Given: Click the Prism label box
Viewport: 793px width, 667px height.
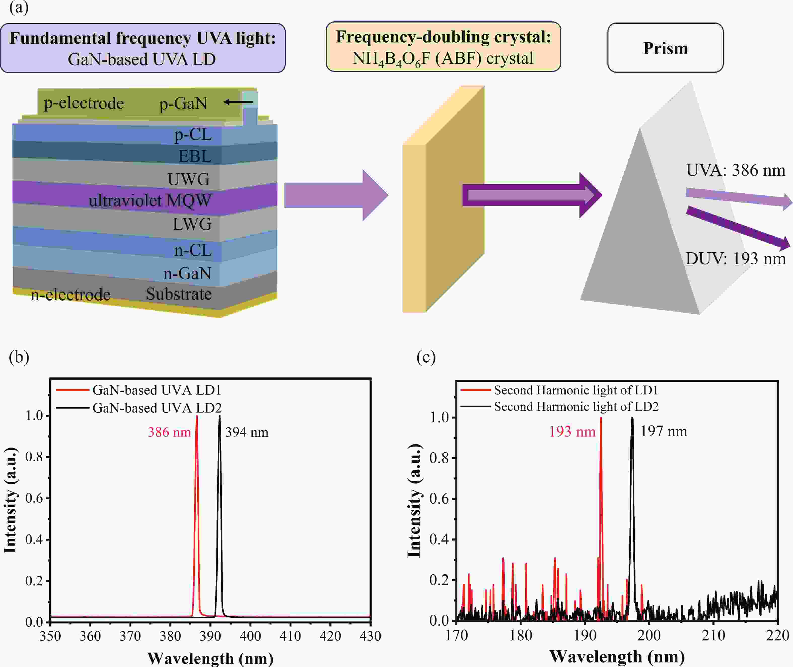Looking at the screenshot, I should coord(665,48).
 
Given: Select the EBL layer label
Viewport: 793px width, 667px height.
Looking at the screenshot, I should coord(195,156).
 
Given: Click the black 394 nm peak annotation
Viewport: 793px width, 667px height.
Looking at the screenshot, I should coord(247,432).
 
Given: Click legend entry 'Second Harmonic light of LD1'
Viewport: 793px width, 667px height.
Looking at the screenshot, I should coord(576,390).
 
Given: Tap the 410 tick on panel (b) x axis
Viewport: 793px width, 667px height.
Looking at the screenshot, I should coord(290,636).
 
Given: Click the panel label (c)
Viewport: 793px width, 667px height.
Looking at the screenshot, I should coord(426,357).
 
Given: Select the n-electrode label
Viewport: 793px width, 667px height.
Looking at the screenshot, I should coord(70,295).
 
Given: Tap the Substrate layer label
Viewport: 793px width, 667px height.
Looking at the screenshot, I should coord(179,294).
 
